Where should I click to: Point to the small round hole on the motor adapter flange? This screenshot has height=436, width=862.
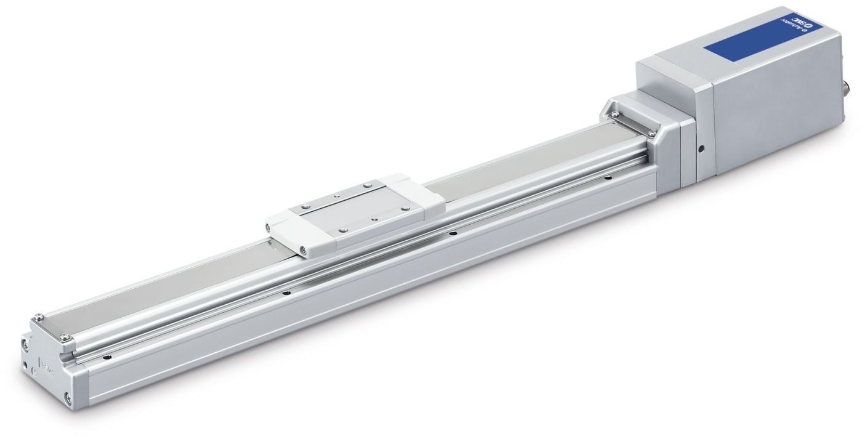(701, 148)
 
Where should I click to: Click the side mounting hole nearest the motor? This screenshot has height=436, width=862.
(608, 178)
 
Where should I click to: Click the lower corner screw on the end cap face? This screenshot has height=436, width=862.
(68, 398)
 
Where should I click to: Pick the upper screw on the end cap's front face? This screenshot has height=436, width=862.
(26, 347)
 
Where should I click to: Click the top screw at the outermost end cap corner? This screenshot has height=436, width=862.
(39, 317)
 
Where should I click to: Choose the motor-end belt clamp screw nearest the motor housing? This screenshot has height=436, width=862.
(651, 133)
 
